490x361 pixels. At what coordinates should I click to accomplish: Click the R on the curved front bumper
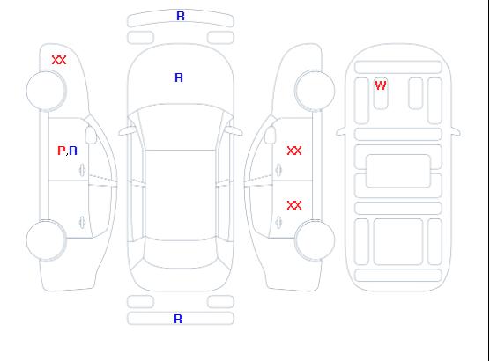pos(181,16)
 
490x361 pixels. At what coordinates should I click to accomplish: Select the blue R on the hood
pos(179,77)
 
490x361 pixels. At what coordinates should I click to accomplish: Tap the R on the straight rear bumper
pos(178,319)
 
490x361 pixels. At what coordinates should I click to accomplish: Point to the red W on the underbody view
pos(381,85)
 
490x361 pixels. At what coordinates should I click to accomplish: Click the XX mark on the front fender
pos(59,60)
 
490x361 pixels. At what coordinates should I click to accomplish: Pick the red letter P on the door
pos(62,151)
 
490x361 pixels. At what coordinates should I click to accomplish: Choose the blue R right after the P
pos(73,151)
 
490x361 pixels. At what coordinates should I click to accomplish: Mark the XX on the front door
pos(294,151)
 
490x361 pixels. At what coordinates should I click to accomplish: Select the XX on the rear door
pos(294,205)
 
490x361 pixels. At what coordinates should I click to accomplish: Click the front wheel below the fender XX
pos(46,91)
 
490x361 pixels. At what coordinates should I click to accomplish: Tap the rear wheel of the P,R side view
pos(46,240)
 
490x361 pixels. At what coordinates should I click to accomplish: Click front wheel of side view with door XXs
pos(315,91)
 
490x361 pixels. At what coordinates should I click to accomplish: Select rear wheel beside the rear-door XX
pos(315,240)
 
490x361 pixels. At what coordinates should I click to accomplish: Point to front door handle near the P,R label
pos(83,170)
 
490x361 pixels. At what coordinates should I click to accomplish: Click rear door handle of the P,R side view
pos(83,222)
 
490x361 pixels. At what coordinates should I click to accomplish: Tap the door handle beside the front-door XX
pos(278,170)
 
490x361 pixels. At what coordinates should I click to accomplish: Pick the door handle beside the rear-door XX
pos(278,222)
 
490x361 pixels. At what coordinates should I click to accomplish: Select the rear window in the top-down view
pos(181,254)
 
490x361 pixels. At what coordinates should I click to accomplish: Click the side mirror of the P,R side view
pos(91,135)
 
